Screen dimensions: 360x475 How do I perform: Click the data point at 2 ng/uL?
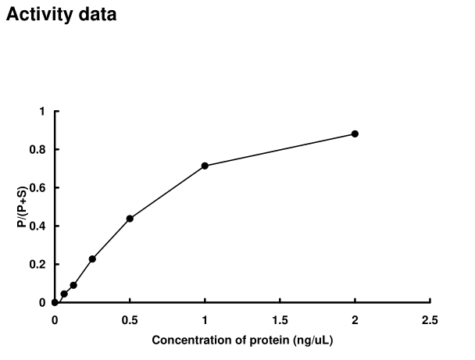(x=355, y=134)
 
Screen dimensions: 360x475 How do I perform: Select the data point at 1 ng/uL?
(x=205, y=166)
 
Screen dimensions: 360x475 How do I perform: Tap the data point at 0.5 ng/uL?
(x=130, y=219)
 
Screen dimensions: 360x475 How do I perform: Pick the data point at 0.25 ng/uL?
(x=92, y=258)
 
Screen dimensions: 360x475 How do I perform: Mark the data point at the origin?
(x=55, y=302)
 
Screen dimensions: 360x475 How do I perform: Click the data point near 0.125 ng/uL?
(x=73, y=285)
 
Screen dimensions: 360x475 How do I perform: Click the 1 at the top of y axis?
(x=43, y=112)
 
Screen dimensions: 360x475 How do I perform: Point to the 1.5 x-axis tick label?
(x=280, y=319)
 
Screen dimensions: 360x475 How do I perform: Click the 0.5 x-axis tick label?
(x=130, y=319)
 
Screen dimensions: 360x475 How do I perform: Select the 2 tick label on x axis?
(x=355, y=319)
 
